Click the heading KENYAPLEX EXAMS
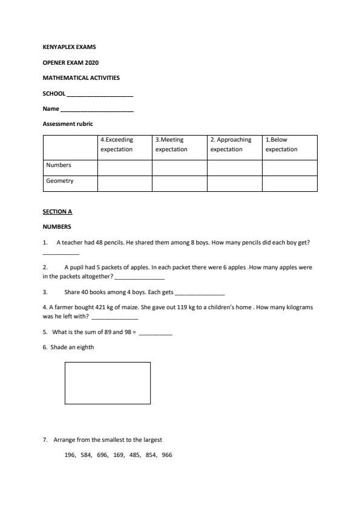[x=69, y=47]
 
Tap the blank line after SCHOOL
[x=100, y=95]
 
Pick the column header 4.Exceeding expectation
[x=117, y=144]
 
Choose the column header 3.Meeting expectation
[x=171, y=144]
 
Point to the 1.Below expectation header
[x=281, y=144]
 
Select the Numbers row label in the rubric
[x=59, y=165]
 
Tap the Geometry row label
[x=60, y=180]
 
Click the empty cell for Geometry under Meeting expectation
[x=179, y=183]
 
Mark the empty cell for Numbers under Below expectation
[x=289, y=168]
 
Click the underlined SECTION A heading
[x=57, y=212]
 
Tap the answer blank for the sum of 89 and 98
[x=155, y=333]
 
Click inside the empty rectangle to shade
[x=108, y=383]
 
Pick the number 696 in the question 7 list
[x=102, y=455]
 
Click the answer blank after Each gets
[x=200, y=294]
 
